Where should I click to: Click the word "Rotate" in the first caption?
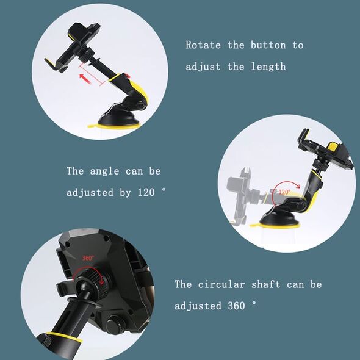pos(203,45)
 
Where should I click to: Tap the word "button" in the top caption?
pos(268,45)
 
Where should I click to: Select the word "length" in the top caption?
pos(268,67)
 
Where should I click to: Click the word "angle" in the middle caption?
pos(104,171)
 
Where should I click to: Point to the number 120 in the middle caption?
pos(146,192)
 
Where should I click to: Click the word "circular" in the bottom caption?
pos(221,284)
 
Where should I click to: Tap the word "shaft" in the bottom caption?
pos(265,284)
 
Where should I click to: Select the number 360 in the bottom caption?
pos(236,306)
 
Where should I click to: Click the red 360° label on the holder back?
pos(88,258)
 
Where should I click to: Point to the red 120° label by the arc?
pos(284,192)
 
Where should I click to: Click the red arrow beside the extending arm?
pos(85,78)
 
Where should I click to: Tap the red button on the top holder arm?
pos(126,76)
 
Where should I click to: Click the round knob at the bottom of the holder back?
pos(115,323)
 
